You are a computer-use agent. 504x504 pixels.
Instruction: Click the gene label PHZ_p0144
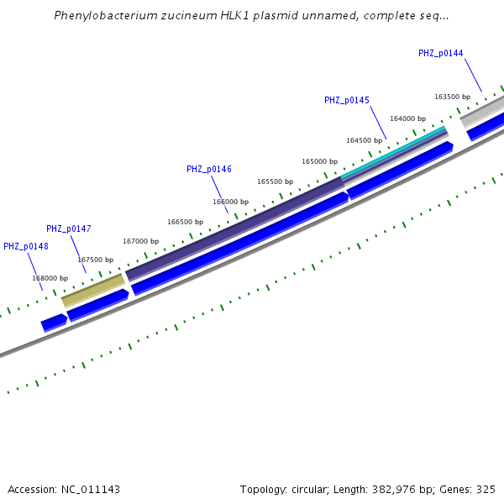(x=440, y=53)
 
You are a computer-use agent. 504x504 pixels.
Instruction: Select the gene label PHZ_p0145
(x=346, y=100)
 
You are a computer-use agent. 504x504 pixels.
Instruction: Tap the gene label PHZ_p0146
(x=208, y=169)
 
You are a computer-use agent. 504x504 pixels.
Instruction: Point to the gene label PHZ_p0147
(x=68, y=228)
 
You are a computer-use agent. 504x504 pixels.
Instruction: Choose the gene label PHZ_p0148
(x=25, y=246)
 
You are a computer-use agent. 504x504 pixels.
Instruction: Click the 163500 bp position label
(x=452, y=97)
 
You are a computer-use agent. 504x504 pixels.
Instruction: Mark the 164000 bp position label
(x=407, y=118)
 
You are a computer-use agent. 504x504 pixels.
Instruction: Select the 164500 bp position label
(x=364, y=140)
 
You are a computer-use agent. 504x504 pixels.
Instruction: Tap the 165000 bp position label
(x=319, y=161)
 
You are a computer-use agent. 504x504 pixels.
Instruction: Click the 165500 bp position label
(x=275, y=181)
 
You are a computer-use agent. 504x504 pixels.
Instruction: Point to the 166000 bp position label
(x=230, y=202)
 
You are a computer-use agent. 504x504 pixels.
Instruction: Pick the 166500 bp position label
(x=185, y=222)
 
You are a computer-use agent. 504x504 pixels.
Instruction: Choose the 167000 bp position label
(x=140, y=241)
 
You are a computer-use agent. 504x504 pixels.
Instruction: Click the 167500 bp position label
(x=95, y=260)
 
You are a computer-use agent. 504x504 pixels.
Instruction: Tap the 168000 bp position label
(x=50, y=278)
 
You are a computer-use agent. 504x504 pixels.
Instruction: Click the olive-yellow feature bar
(x=93, y=289)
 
